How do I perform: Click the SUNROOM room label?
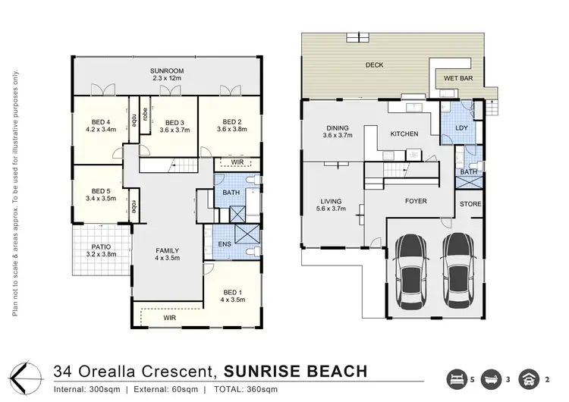pos(167,71)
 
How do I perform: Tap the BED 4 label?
pos(101,122)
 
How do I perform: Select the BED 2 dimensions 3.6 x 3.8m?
pos(232,129)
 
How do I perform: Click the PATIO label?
pos(101,247)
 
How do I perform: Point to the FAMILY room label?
pos(168,251)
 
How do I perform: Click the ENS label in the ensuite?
pos(225,244)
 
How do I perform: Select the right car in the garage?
pos(458,270)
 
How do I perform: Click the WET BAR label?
pos(458,78)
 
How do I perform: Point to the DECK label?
pos(375,65)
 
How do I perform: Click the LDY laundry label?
pos(461,127)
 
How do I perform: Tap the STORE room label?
pos(470,204)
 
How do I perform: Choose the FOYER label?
pos(416,201)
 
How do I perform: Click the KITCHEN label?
pos(404,134)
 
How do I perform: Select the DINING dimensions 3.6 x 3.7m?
pos(338,135)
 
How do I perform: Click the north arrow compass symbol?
pos(25,378)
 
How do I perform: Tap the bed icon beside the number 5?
pos(457,379)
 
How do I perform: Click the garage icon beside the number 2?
pos(529,379)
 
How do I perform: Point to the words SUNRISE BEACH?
pos(296,372)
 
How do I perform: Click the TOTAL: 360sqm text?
pos(246,390)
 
